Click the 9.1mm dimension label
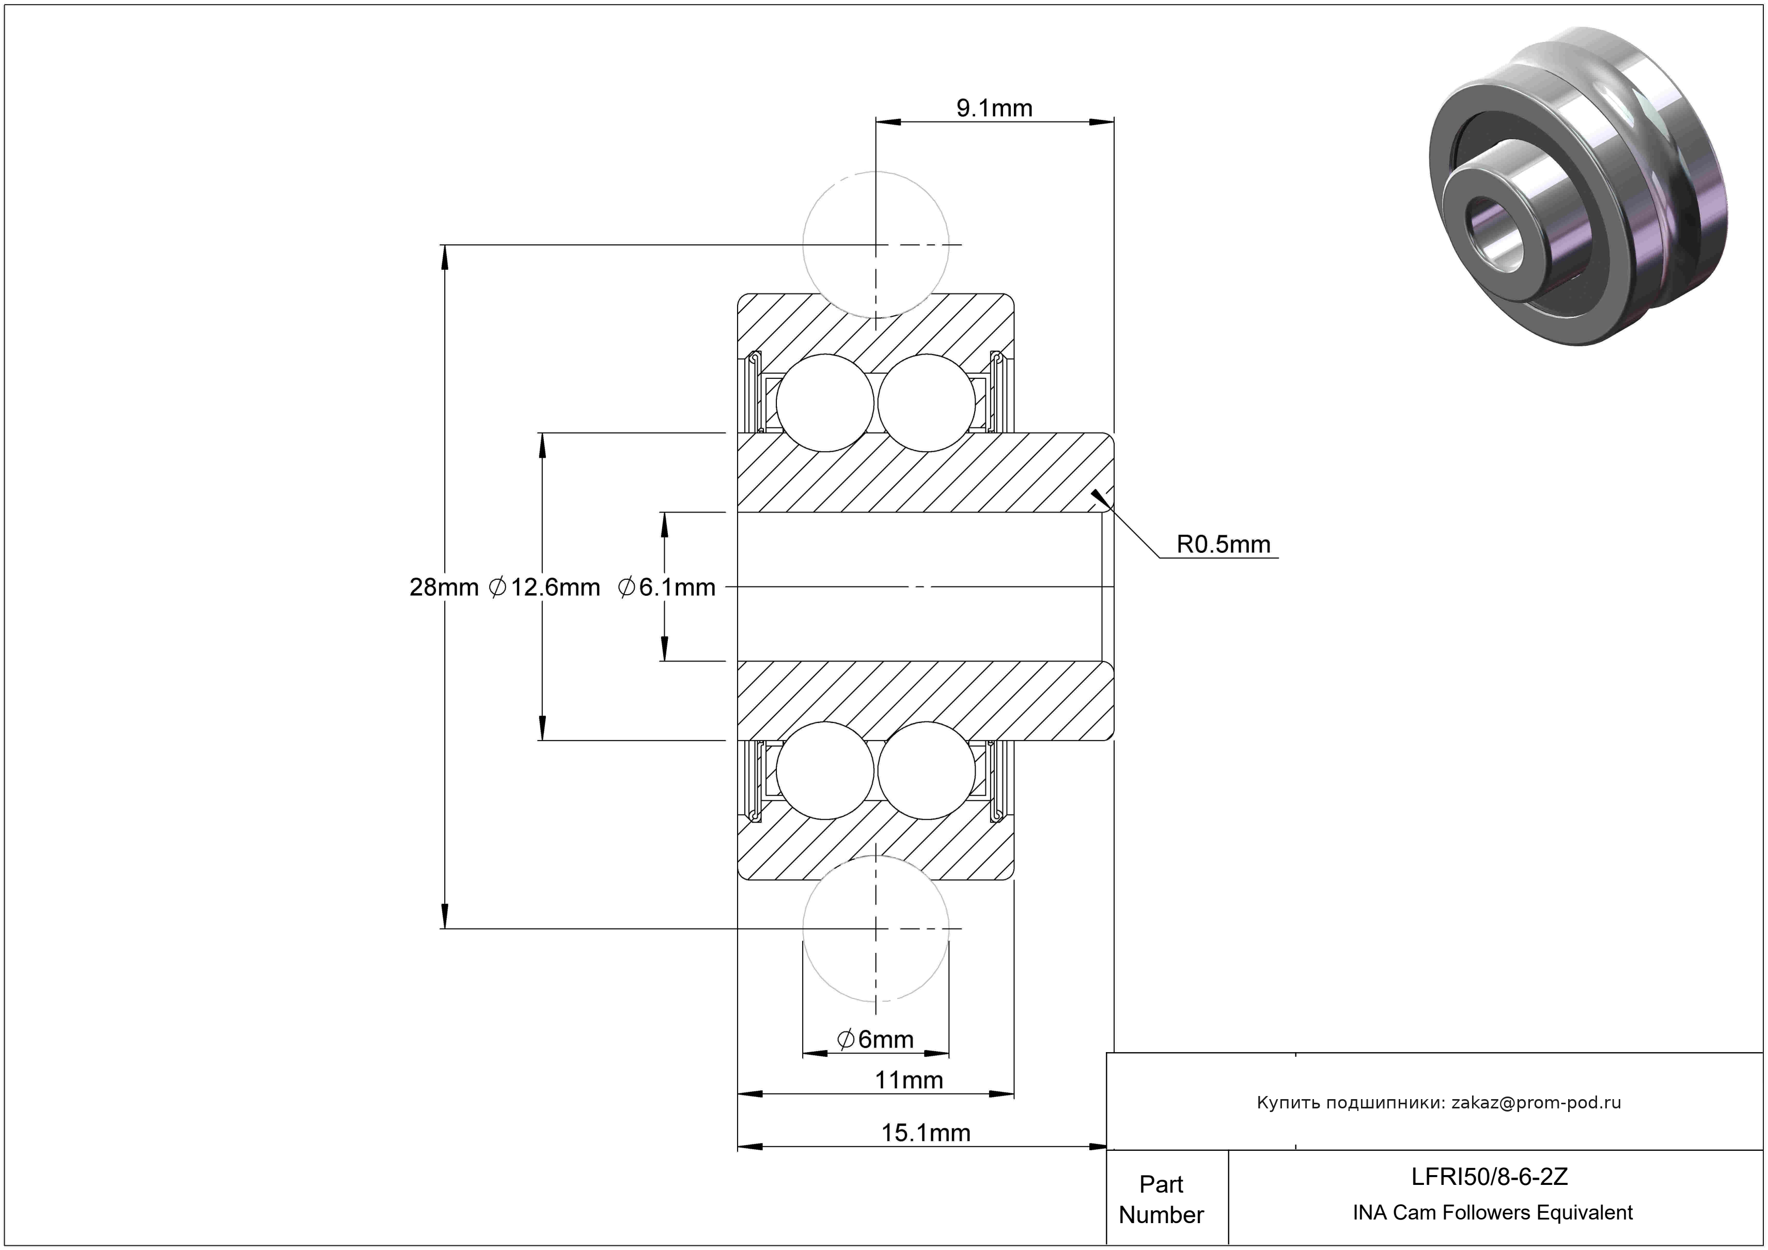[x=994, y=109]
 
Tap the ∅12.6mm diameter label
[x=544, y=588]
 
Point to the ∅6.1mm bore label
[x=667, y=588]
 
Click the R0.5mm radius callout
[x=1223, y=545]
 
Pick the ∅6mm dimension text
[x=875, y=1040]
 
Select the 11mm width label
[x=909, y=1081]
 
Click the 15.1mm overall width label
[x=926, y=1133]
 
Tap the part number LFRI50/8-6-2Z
[x=1489, y=1177]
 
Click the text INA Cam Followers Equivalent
[x=1492, y=1213]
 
